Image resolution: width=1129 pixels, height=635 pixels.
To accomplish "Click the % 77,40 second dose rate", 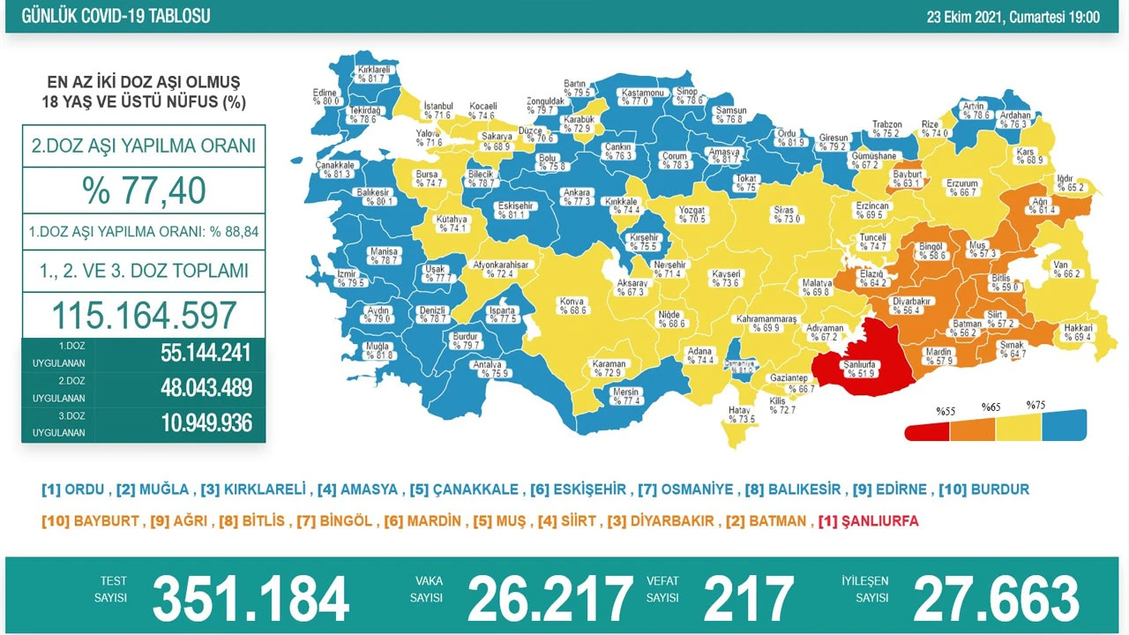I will tap(144, 190).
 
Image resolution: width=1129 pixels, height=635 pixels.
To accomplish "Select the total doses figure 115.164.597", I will tap(144, 315).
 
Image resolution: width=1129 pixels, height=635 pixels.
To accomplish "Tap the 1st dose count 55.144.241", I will tap(206, 354).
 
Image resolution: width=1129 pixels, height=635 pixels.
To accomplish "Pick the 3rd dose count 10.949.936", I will tap(206, 422).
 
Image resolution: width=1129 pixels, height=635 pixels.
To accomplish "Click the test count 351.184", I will tap(250, 599).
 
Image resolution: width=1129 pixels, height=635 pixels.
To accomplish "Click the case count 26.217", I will tap(550, 599).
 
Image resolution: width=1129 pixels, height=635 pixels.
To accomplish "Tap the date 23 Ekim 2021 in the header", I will tap(1013, 17).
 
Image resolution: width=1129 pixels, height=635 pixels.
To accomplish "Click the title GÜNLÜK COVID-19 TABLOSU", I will tap(116, 17).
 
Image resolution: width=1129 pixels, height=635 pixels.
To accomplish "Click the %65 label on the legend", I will tap(991, 408).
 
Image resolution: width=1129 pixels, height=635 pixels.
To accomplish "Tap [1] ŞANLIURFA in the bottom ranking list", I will tap(868, 521).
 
